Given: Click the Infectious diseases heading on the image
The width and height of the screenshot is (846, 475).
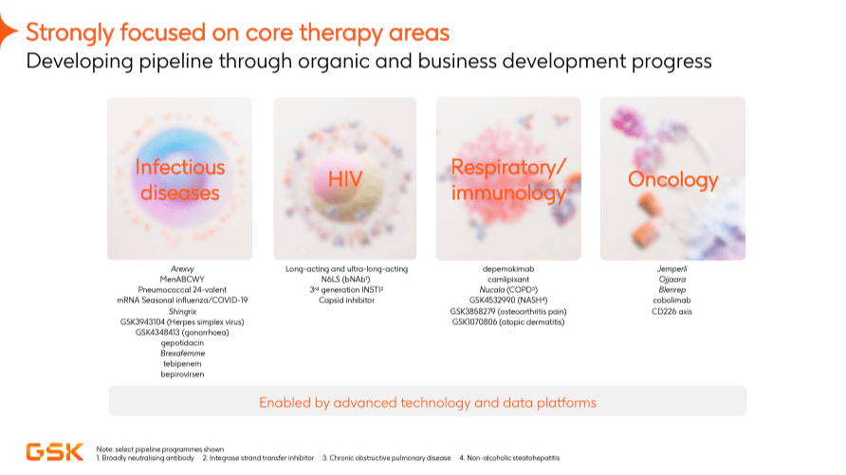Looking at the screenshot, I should [x=179, y=179].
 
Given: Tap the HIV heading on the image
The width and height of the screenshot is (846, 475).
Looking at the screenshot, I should [x=344, y=179].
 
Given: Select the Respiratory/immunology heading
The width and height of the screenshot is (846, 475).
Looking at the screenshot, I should [x=508, y=179].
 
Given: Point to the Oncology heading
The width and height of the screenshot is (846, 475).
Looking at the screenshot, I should [x=672, y=179].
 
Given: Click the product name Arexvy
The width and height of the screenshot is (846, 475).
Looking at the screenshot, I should [x=179, y=269].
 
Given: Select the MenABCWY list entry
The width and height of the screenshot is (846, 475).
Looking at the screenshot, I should [x=179, y=280].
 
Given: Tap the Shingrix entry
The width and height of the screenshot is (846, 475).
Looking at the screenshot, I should [x=179, y=311].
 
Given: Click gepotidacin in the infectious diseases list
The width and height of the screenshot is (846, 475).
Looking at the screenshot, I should [x=179, y=342].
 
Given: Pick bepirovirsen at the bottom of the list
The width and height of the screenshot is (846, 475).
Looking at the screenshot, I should [x=179, y=375].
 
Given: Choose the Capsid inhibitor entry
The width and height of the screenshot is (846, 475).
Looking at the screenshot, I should [x=344, y=301].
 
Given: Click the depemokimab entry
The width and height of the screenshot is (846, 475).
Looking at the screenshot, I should [x=508, y=269].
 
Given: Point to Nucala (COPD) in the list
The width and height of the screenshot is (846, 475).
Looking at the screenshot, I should [x=508, y=290].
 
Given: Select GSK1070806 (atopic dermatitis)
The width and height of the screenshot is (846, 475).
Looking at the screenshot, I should [x=508, y=321].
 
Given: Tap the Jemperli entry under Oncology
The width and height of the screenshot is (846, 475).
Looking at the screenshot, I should [x=672, y=269].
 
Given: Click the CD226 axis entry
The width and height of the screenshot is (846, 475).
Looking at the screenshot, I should [x=672, y=311].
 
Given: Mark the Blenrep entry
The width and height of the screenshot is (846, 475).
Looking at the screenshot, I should [x=672, y=290].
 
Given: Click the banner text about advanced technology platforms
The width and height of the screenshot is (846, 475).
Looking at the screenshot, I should [x=428, y=402].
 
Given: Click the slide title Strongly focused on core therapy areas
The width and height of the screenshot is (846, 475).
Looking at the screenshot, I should [x=237, y=33].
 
